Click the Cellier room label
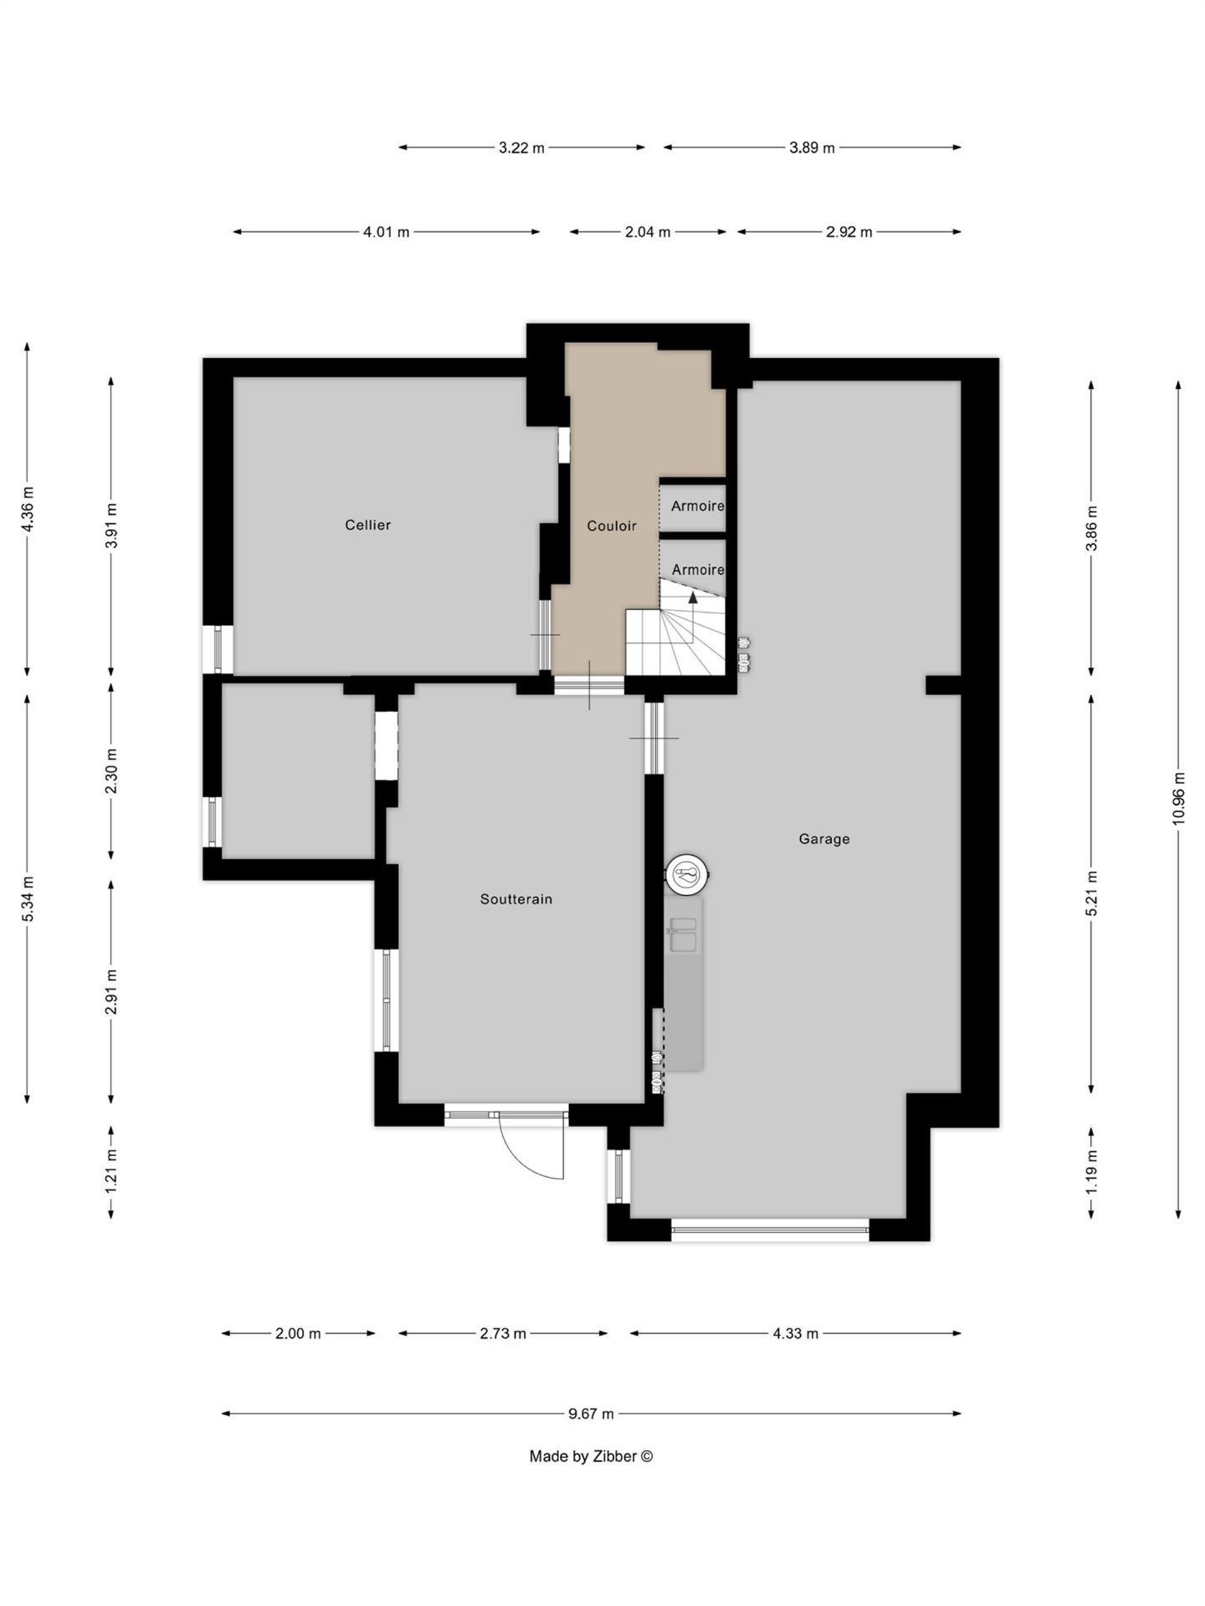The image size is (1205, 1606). pos(368,525)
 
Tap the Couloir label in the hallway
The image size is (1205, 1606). pos(611,526)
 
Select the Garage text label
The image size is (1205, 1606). pos(823,839)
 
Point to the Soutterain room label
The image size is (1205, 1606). pos(516,899)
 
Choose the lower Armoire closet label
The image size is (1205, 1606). pos(698,570)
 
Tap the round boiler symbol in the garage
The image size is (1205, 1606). pos(687,874)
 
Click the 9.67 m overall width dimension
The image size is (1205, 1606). pos(591,1413)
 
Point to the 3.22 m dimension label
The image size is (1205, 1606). pos(522,147)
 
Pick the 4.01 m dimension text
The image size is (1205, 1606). pos(386,232)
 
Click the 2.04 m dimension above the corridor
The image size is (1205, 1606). pos(648,232)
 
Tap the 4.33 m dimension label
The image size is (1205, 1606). pos(795,1334)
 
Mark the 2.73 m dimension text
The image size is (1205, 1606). pos(503,1334)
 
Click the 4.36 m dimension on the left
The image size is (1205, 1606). pos(28,509)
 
